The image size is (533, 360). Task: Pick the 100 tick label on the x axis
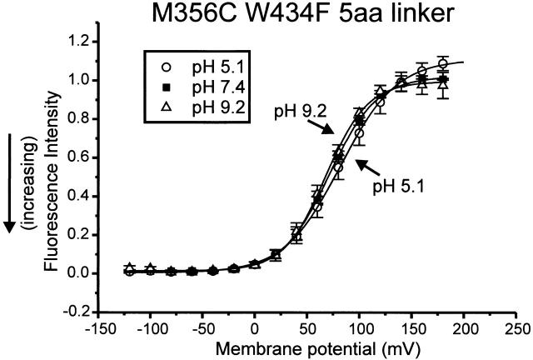click(x=359, y=328)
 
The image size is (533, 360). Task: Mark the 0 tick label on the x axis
click(x=255, y=328)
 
